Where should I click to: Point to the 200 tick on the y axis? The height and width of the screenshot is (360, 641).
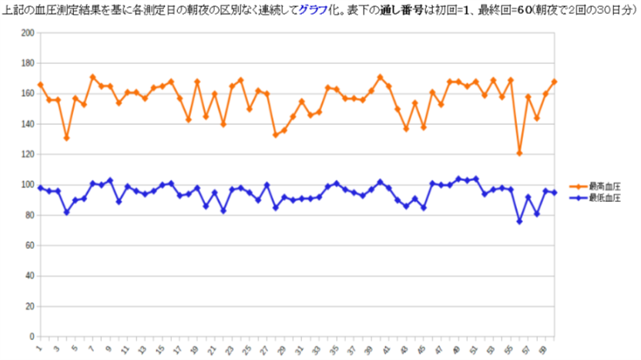click(x=28, y=33)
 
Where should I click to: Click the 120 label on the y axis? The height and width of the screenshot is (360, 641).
click(x=28, y=154)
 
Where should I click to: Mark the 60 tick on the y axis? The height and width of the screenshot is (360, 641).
click(x=30, y=245)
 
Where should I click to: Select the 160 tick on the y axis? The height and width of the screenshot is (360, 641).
click(x=28, y=93)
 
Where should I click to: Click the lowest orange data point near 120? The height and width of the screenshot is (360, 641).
click(x=519, y=153)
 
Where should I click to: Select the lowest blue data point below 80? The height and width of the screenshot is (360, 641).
click(x=519, y=221)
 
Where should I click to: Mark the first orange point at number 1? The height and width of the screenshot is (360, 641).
click(x=40, y=85)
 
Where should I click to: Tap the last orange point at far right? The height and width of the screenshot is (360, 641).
click(x=554, y=82)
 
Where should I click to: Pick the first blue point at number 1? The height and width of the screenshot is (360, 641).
click(x=40, y=187)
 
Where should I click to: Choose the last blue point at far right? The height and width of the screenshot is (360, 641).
click(x=554, y=193)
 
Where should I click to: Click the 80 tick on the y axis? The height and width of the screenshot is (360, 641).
click(x=30, y=215)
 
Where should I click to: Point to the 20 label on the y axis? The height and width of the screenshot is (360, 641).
click(x=30, y=306)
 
